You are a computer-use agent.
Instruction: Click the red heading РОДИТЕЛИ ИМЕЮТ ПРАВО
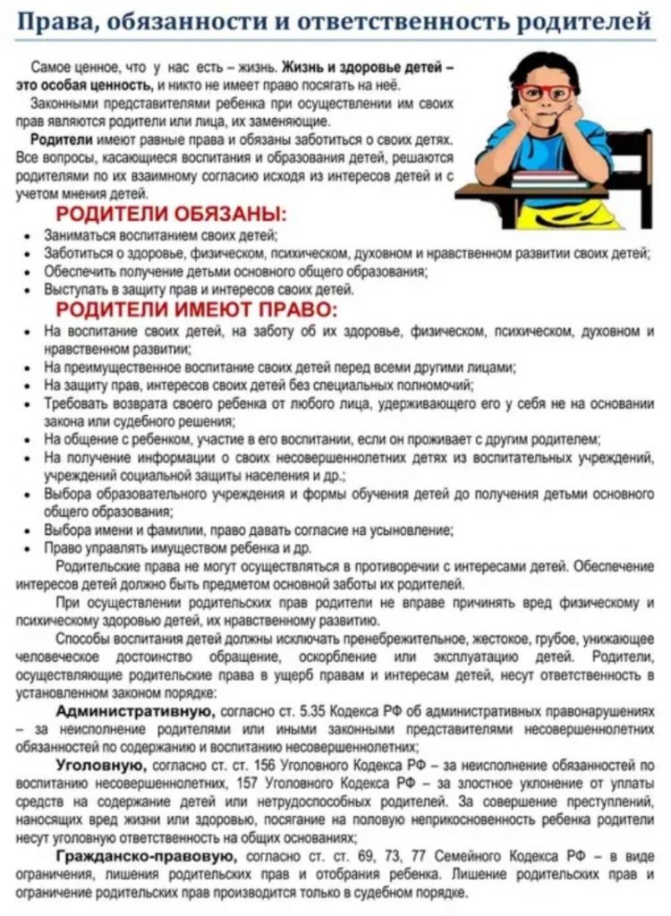(197, 310)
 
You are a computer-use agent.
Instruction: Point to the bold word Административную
(134, 711)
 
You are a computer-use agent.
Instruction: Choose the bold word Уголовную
(98, 766)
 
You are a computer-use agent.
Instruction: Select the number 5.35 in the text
(310, 712)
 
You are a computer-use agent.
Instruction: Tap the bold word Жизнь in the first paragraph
(303, 67)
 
